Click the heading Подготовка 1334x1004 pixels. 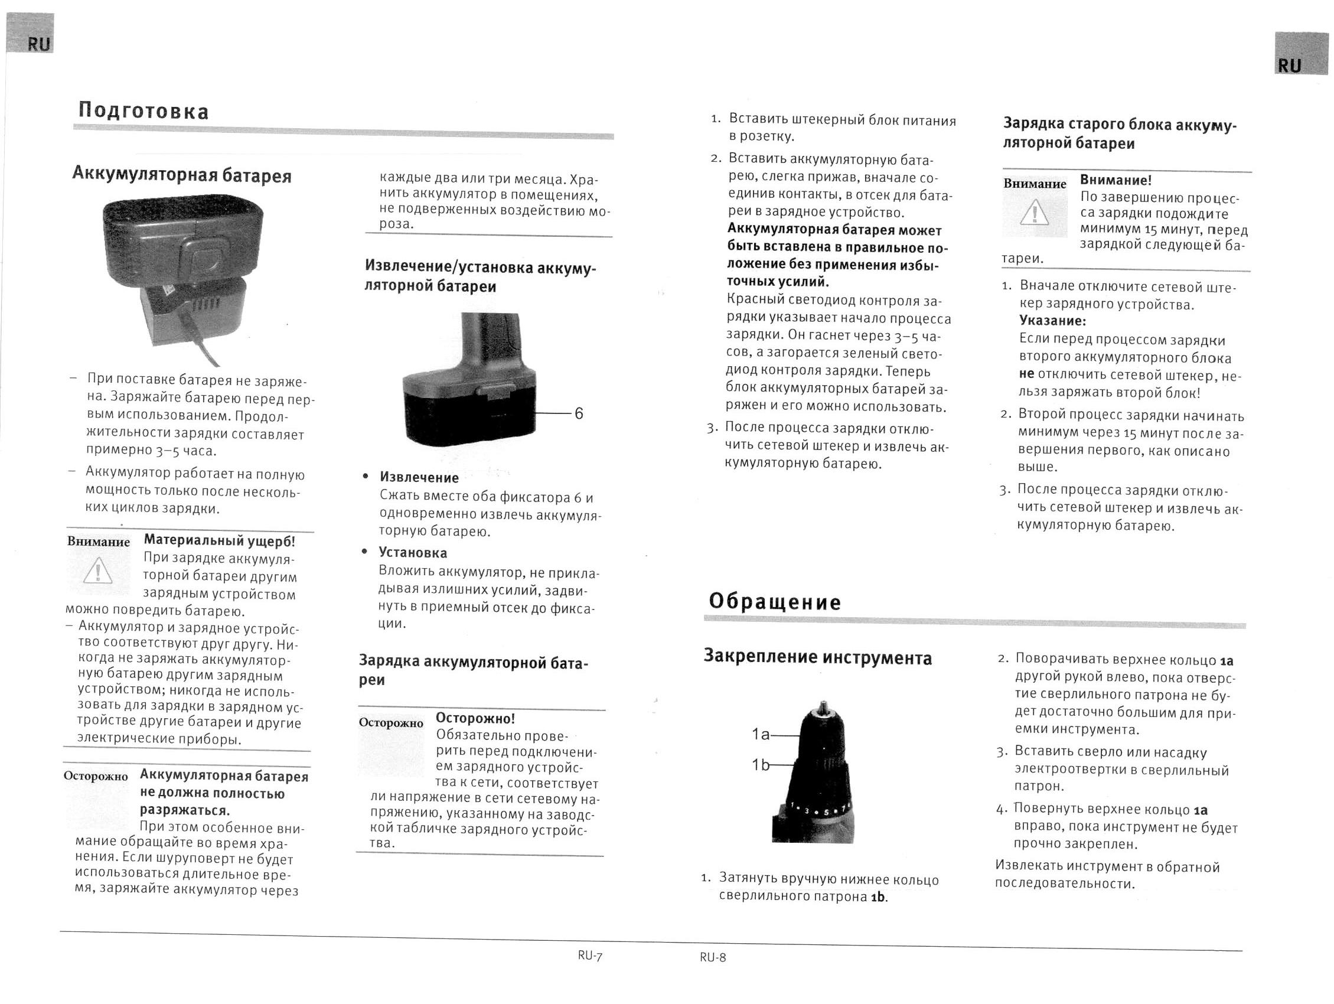pos(143,112)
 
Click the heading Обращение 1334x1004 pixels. pos(774,602)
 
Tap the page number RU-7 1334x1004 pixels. pos(589,955)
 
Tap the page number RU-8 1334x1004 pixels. pos(713,957)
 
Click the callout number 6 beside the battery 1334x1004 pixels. pos(578,413)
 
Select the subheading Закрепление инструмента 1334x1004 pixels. pos(817,657)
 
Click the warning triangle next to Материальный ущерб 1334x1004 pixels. pos(97,571)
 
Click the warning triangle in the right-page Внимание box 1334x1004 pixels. pos(1034,213)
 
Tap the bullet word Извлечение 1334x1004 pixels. pos(419,478)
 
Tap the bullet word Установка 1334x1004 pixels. pos(413,552)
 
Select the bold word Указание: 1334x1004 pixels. pos(1052,321)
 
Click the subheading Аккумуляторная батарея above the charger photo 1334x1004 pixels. pos(181,175)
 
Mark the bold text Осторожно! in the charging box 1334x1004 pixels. pos(475,718)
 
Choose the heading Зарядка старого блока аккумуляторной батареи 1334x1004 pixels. pos(1119,133)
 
